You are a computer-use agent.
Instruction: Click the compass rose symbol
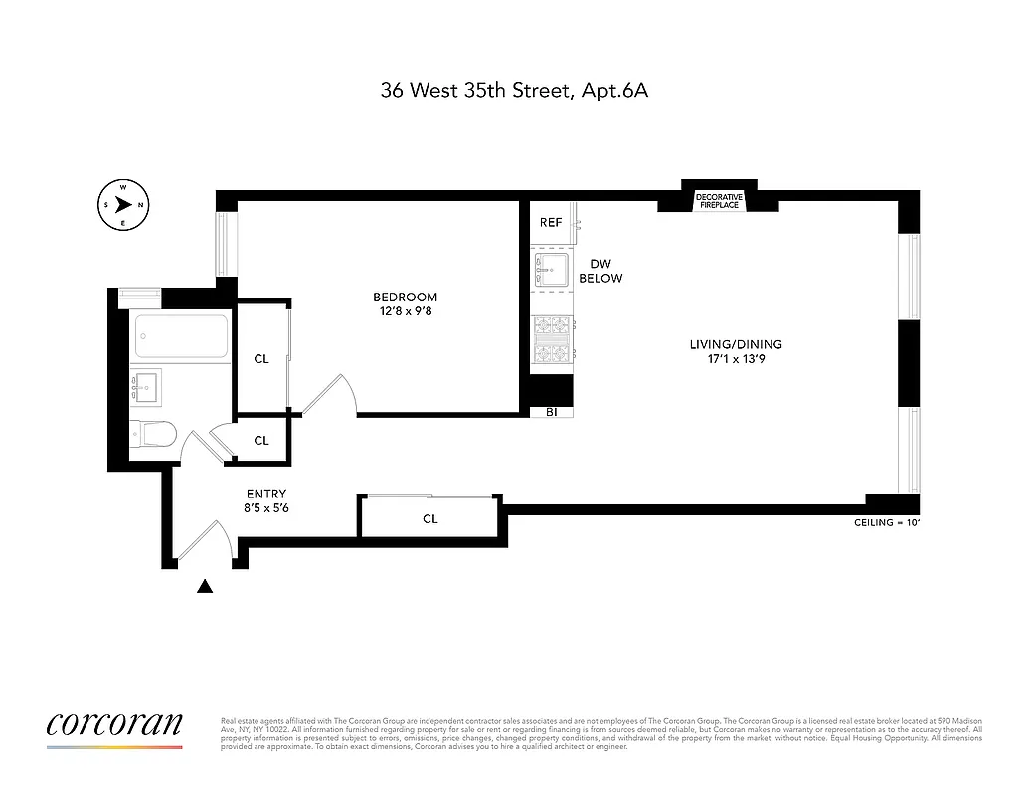[x=123, y=205]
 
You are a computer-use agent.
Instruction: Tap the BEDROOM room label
[x=405, y=298]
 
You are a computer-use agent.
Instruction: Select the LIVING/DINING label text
[x=736, y=345]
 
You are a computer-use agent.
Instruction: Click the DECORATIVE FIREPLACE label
[x=718, y=200]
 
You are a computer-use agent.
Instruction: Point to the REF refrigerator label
[x=551, y=223]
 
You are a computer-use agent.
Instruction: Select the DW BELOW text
[x=600, y=271]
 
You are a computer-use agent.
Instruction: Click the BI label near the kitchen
[x=551, y=411]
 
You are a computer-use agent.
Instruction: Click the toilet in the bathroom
[x=154, y=433]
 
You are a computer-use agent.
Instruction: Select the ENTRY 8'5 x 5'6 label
[x=265, y=500]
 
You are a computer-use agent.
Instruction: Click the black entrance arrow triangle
[x=206, y=587]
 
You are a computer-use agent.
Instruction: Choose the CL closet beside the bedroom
[x=260, y=359]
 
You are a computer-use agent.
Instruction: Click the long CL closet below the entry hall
[x=429, y=518]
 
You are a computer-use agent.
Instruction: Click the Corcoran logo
[x=114, y=724]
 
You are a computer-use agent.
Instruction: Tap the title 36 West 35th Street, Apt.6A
[x=514, y=91]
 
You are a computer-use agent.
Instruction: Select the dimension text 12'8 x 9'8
[x=405, y=311]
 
